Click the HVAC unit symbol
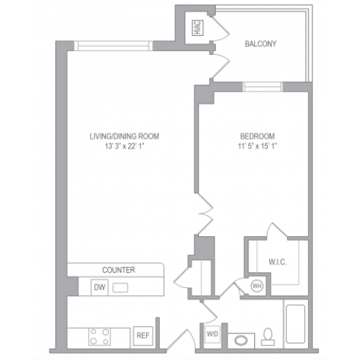point(198,28)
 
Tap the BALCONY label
point(261,44)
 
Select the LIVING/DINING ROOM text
point(125,136)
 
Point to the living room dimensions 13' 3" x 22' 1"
point(125,146)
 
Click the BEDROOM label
point(257,136)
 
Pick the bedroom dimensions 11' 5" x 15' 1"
point(257,146)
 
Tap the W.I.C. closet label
point(278,262)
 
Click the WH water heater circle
point(257,286)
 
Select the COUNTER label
point(119,270)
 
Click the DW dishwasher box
point(99,287)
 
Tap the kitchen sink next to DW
point(120,287)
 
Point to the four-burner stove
point(99,336)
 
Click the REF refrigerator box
point(143,336)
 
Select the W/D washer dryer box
point(212,334)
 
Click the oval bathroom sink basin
point(241,341)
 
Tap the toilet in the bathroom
point(268,336)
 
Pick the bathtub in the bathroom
point(296,324)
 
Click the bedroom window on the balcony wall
point(263,87)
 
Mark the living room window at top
point(113,46)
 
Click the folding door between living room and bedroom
point(204,214)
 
